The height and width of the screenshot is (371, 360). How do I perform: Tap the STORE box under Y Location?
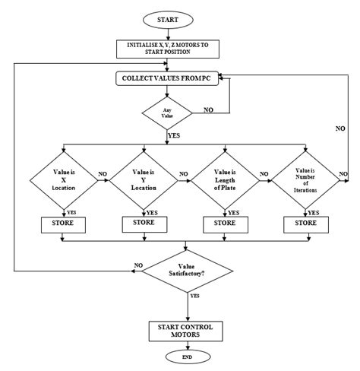(x=144, y=224)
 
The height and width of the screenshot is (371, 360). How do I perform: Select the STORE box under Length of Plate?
(x=226, y=224)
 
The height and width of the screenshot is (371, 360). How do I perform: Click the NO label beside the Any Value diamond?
(x=209, y=109)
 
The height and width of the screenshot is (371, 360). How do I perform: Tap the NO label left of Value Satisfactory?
(x=138, y=265)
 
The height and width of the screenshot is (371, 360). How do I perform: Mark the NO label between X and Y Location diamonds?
(x=102, y=174)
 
